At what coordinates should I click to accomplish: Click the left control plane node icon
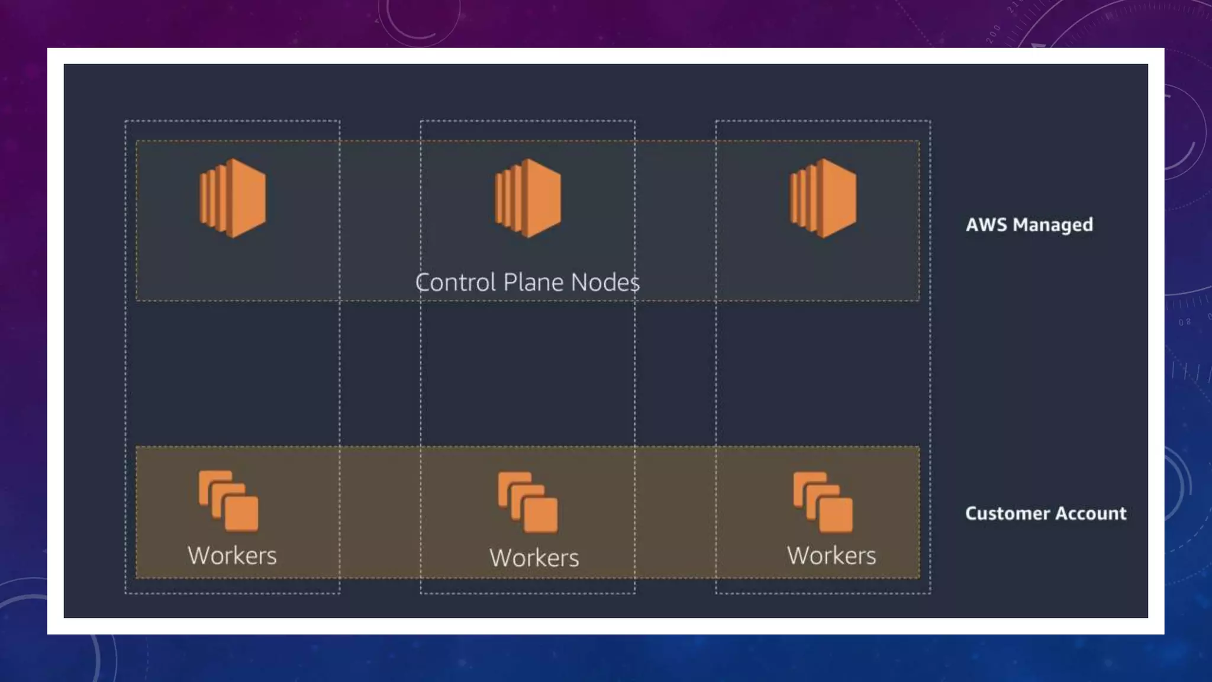tap(233, 198)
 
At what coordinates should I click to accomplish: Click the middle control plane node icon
tap(528, 198)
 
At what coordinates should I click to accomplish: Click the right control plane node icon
tap(823, 198)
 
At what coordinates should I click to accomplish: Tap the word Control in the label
tap(455, 282)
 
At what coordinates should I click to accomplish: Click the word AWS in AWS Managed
tap(986, 225)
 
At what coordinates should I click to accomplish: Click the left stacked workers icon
tap(228, 501)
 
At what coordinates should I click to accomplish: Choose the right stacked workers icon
tap(823, 502)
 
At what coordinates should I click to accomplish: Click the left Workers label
tap(232, 556)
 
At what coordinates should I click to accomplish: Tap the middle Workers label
tap(534, 558)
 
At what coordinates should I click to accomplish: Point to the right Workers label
tap(831, 556)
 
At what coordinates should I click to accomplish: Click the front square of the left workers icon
tap(241, 513)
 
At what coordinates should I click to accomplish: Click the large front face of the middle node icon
tap(542, 198)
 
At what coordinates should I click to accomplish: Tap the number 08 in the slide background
tap(1185, 323)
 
